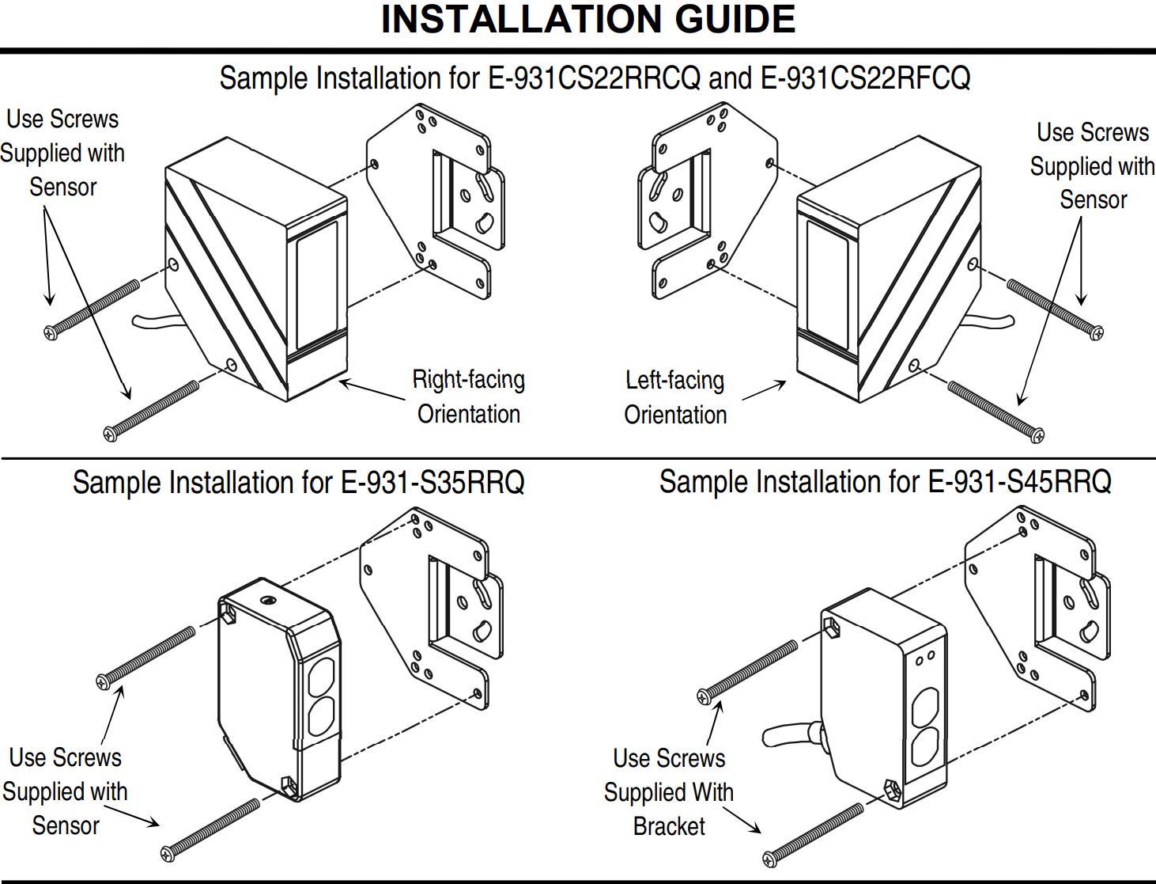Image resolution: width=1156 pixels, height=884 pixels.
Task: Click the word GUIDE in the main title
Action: [x=735, y=20]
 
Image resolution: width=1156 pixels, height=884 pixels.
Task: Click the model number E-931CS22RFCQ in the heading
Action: [x=865, y=79]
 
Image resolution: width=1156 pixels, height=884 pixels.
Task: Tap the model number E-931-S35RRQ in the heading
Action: [x=433, y=482]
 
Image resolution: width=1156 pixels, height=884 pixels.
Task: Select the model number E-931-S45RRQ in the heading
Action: [x=1019, y=482]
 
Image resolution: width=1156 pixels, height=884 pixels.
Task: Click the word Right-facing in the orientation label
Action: [x=469, y=380]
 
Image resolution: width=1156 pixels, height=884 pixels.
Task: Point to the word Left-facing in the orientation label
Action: [x=674, y=381]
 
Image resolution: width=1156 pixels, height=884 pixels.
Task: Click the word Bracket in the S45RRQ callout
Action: [x=669, y=826]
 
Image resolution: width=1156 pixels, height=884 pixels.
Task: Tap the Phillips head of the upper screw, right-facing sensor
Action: [x=51, y=332]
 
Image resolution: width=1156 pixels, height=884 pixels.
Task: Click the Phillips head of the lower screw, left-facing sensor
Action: [x=1037, y=435]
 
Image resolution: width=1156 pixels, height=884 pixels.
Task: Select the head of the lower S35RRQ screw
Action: [x=168, y=853]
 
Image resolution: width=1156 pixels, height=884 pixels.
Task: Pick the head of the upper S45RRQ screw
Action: [x=705, y=697]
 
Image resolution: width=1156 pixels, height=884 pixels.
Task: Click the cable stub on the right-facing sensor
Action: [x=158, y=321]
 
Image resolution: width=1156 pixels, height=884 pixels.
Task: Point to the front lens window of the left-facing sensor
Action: [x=827, y=285]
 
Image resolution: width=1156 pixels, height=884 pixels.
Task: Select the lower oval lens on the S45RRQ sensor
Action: [x=924, y=747]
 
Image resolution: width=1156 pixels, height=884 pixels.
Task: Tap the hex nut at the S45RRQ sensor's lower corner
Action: [x=892, y=791]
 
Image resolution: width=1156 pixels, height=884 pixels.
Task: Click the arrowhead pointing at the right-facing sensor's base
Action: [x=345, y=383]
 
